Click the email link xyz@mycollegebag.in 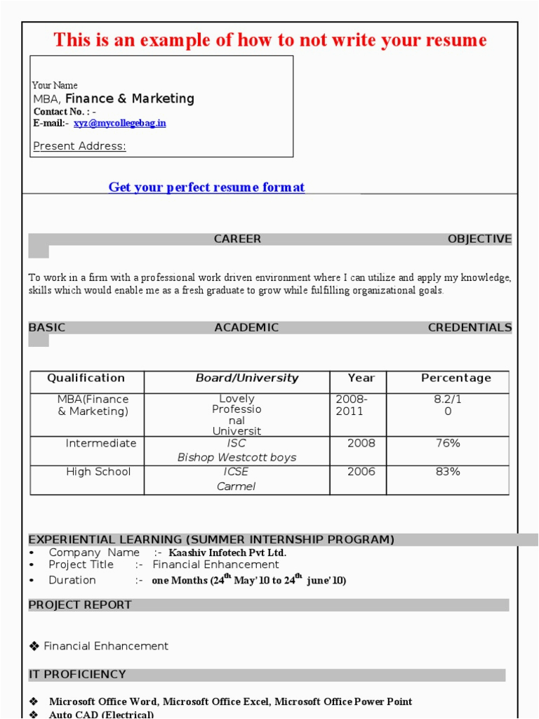(x=120, y=123)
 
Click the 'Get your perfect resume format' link (x=206, y=187)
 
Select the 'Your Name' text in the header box (x=55, y=86)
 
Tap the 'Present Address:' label (x=79, y=146)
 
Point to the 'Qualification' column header (x=86, y=378)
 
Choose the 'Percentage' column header (x=455, y=378)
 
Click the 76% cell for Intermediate (x=448, y=444)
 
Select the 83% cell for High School (x=448, y=472)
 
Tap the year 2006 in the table (x=361, y=472)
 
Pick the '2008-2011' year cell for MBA (x=351, y=405)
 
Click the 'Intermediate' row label (x=100, y=444)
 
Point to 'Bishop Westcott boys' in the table (x=237, y=458)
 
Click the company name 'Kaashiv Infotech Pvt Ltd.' (x=227, y=553)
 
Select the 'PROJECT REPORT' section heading (x=79, y=605)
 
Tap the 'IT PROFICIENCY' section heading (x=77, y=675)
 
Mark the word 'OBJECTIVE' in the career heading (x=479, y=239)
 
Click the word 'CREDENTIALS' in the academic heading (x=470, y=328)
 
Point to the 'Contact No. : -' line (x=65, y=112)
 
